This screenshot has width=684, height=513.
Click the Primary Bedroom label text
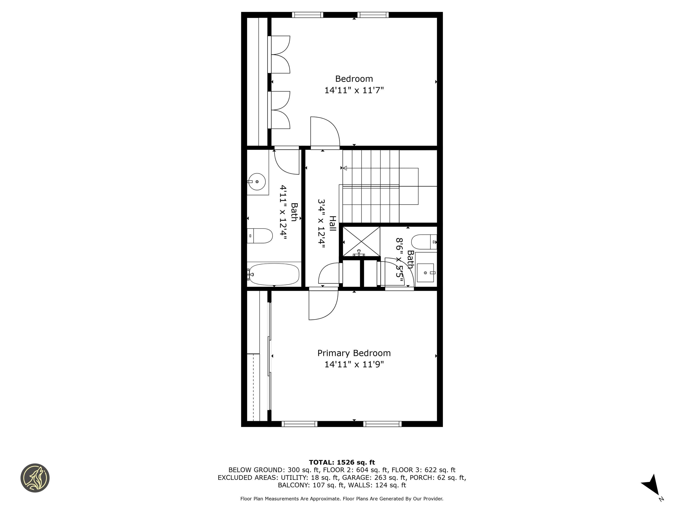click(354, 353)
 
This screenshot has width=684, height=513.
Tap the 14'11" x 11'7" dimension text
click(354, 90)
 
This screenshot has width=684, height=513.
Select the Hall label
click(332, 224)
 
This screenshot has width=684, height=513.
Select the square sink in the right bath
click(425, 273)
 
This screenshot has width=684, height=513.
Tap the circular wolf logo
click(35, 478)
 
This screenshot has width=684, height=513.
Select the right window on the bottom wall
click(382, 424)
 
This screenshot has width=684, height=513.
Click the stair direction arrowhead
click(345, 168)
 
